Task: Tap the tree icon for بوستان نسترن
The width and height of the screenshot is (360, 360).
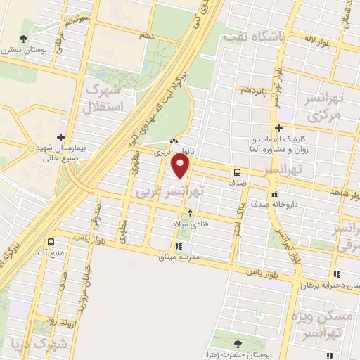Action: (x=25, y=39)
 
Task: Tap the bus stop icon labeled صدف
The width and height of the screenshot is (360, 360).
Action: (x=237, y=172)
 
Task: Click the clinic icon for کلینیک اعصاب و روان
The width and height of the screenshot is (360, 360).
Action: (x=279, y=128)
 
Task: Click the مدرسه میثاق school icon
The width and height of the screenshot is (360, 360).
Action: (x=179, y=246)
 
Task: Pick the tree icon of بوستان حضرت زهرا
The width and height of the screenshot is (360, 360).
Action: (x=236, y=343)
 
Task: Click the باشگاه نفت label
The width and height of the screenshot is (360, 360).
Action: (x=252, y=37)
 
